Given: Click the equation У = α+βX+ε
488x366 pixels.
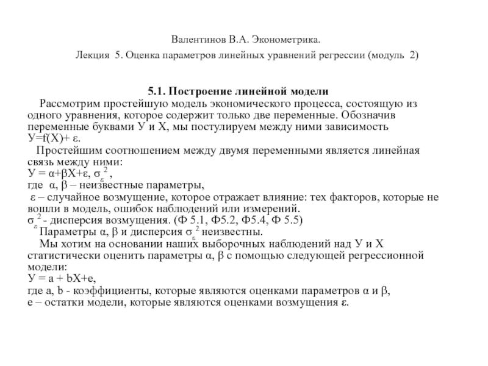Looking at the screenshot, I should coord(59,173).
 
